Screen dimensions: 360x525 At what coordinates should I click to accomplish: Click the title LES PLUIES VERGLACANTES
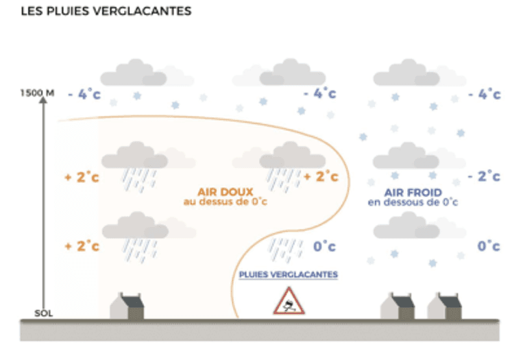click(106, 12)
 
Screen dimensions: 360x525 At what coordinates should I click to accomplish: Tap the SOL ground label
click(43, 313)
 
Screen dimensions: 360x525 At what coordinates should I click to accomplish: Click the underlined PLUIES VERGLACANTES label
click(289, 274)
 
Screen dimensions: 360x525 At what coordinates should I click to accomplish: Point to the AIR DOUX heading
click(225, 192)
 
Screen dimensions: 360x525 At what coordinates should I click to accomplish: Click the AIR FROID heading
click(413, 192)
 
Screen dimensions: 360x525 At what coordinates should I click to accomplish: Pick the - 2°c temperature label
click(484, 176)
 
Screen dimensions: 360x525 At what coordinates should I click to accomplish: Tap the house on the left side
click(126, 307)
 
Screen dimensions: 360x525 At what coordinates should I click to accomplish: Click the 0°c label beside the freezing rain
click(324, 245)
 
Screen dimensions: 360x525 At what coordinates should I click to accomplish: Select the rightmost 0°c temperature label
click(488, 245)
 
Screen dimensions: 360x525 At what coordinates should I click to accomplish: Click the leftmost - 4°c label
click(84, 95)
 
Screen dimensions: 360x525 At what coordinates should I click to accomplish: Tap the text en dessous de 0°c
click(413, 202)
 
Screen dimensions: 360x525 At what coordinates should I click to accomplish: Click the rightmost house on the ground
click(445, 307)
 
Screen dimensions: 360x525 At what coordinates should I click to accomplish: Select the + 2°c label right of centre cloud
click(321, 176)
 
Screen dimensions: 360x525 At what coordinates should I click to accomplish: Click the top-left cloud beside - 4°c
click(134, 73)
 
